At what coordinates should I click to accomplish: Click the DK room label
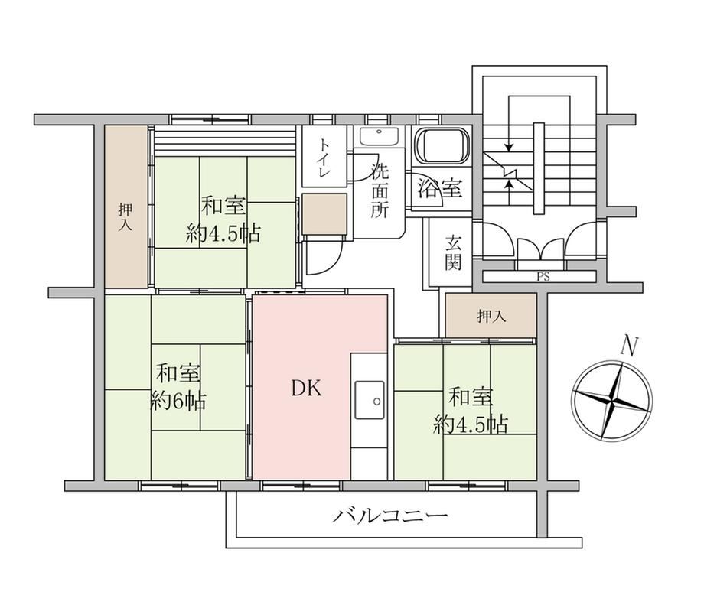[x=307, y=389]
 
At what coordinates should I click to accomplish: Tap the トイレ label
[x=324, y=157]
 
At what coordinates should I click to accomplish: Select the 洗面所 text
[x=380, y=190]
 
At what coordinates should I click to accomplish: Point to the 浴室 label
[x=439, y=188]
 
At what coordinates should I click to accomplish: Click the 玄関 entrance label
[x=453, y=252]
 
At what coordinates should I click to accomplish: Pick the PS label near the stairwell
[x=543, y=277]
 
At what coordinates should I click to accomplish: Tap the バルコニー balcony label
[x=389, y=516]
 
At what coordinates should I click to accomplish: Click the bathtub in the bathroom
[x=442, y=146]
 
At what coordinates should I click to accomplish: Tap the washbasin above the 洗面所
[x=380, y=136]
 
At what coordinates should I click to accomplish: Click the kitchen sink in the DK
[x=370, y=400]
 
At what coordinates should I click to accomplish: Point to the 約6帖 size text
[x=178, y=401]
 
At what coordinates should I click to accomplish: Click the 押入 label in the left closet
[x=125, y=216]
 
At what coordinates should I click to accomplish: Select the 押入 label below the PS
[x=491, y=317]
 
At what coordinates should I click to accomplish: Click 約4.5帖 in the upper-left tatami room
[x=223, y=233]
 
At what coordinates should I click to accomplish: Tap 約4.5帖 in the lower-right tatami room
[x=471, y=424]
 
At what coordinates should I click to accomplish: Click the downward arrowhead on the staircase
[x=508, y=147]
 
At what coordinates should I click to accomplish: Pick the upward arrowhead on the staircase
[x=509, y=183]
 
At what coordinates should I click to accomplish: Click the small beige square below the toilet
[x=324, y=214]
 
